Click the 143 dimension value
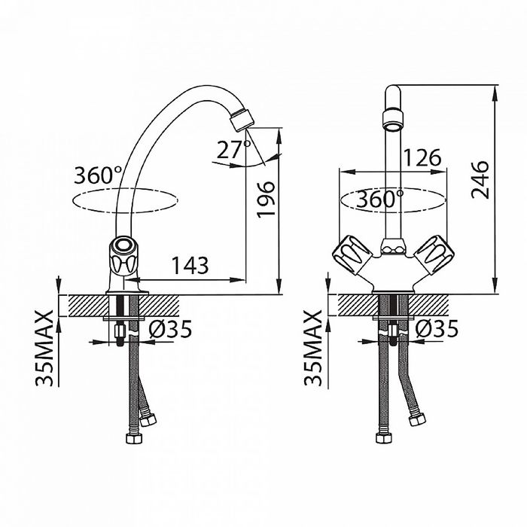coord(190,266)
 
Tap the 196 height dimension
coord(267,200)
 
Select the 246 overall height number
coord(480,180)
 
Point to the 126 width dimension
coord(422,157)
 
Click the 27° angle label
coord(233,150)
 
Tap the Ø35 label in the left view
coord(170,329)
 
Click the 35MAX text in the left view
coord(44,348)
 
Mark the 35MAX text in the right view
coord(313,347)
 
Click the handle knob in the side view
coord(122,256)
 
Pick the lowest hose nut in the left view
coord(134,438)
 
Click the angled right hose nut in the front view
coord(417,419)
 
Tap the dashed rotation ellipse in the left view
coord(125,201)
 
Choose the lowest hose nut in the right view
coord(383,438)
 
